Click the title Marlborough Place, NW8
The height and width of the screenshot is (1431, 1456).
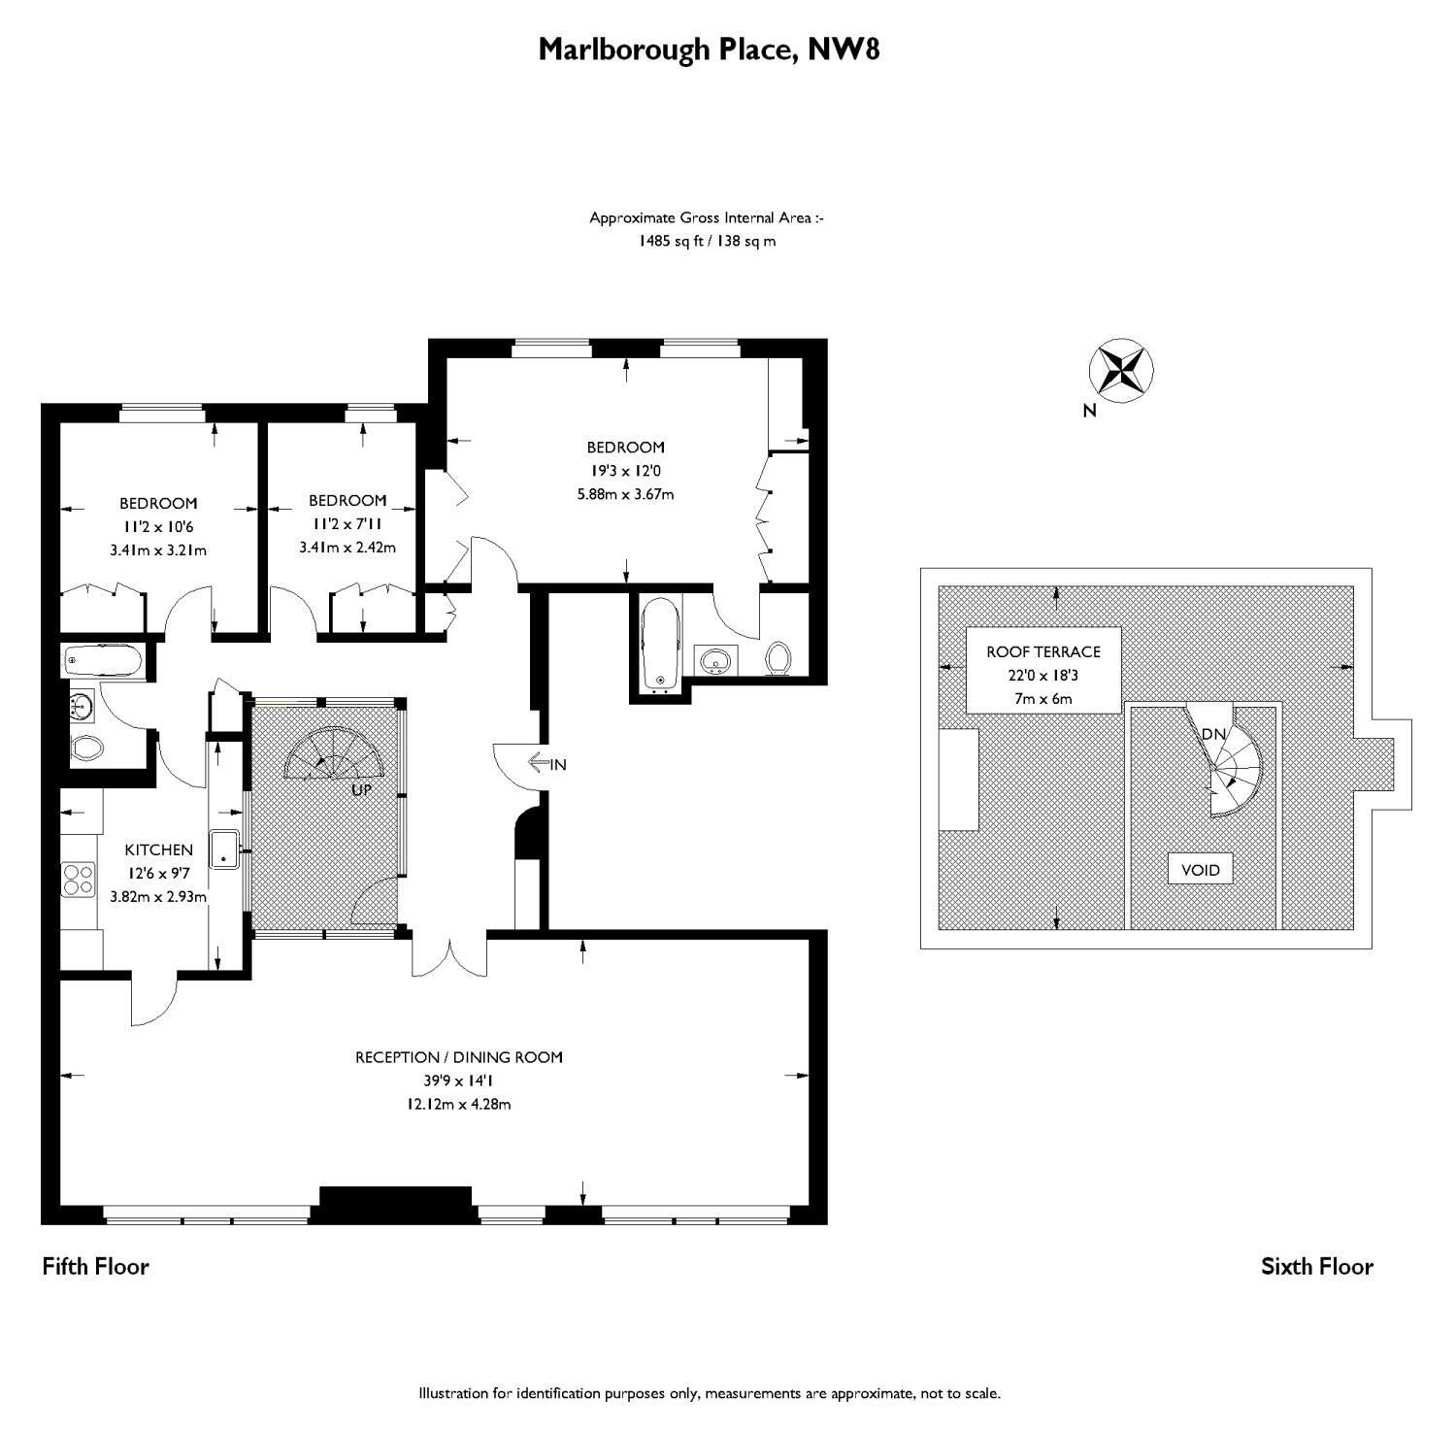pyautogui.click(x=709, y=49)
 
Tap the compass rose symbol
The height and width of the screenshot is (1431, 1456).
pyautogui.click(x=1121, y=371)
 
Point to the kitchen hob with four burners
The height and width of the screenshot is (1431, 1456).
pyautogui.click(x=79, y=879)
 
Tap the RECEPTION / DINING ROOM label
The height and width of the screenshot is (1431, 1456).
pyautogui.click(x=459, y=1057)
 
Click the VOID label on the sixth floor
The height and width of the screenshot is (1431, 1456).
pyautogui.click(x=1200, y=869)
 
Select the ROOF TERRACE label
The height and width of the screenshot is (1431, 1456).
pyautogui.click(x=1043, y=651)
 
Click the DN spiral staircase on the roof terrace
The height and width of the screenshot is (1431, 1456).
pyautogui.click(x=1231, y=762)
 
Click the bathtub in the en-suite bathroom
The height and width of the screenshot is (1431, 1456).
pyautogui.click(x=661, y=646)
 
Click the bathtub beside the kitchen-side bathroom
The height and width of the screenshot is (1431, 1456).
pyautogui.click(x=103, y=663)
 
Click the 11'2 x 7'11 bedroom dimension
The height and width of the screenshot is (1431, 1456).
pyautogui.click(x=347, y=524)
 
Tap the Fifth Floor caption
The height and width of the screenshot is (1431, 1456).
pyautogui.click(x=95, y=1266)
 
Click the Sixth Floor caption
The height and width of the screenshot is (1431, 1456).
pyautogui.click(x=1316, y=1266)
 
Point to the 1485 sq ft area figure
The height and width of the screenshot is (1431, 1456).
pyautogui.click(x=670, y=241)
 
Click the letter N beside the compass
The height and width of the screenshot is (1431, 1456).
pyautogui.click(x=1089, y=411)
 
